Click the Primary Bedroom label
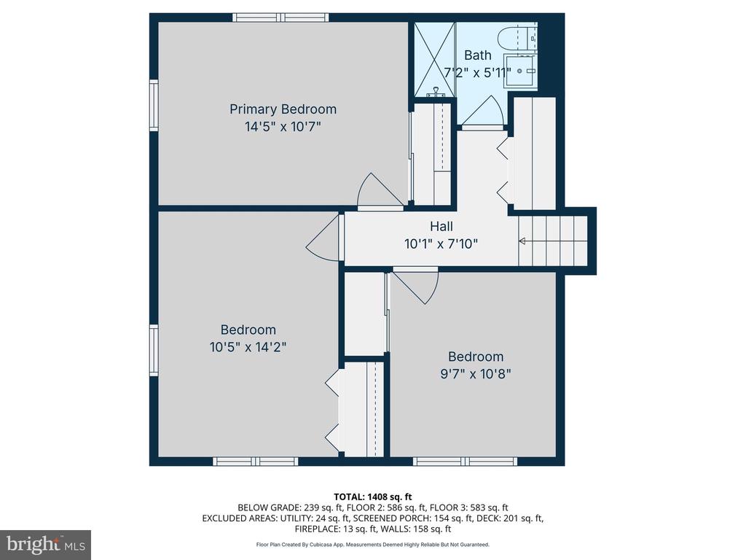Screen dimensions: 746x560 (x=283, y=109)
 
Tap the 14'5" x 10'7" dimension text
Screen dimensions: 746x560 (x=283, y=127)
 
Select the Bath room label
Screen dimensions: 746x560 (x=478, y=55)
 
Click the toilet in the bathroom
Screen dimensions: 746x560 (x=513, y=39)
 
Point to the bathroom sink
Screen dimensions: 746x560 (x=520, y=71)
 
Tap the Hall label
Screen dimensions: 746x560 (x=441, y=226)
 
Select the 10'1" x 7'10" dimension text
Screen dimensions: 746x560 (x=441, y=244)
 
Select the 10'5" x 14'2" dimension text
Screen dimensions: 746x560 (x=248, y=346)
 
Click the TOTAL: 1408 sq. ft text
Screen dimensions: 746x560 (x=373, y=497)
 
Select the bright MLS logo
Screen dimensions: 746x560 (x=46, y=544)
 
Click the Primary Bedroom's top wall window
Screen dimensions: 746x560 (x=280, y=17)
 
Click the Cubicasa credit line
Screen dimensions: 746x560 (x=372, y=544)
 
